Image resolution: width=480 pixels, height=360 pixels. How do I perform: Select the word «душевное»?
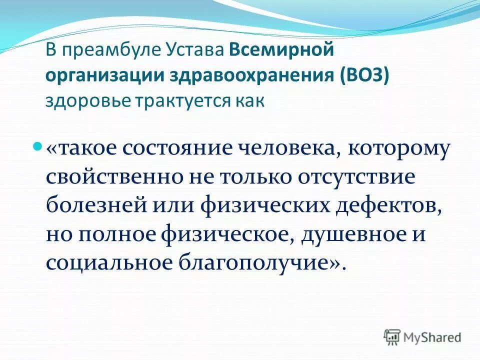click(x=349, y=235)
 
